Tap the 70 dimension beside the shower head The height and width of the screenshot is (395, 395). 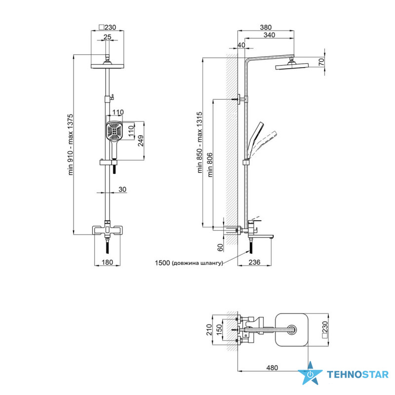pyautogui.click(x=321, y=62)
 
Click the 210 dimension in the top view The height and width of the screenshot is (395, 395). pyautogui.click(x=208, y=329)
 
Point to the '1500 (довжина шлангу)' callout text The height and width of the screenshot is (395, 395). pyautogui.click(x=189, y=263)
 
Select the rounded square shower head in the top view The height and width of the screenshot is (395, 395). pyautogui.click(x=291, y=329)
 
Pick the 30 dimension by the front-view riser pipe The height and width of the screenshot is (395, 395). pyautogui.click(x=122, y=190)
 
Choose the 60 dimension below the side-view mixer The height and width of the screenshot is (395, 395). pyautogui.click(x=221, y=245)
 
